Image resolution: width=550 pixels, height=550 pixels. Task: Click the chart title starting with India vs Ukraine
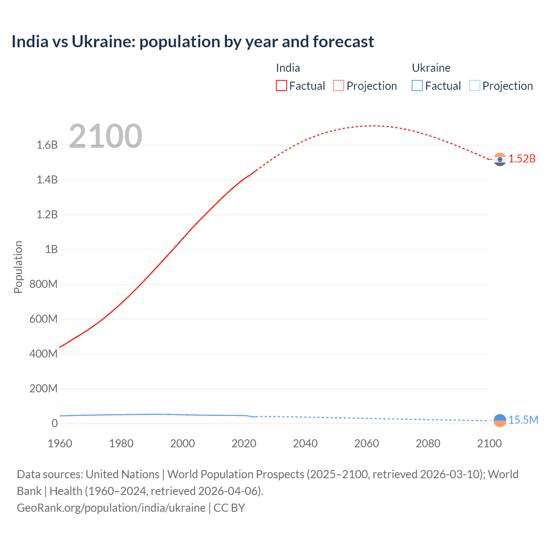(192, 42)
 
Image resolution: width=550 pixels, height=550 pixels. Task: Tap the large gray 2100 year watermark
(105, 136)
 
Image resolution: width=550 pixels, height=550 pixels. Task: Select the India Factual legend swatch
(281, 86)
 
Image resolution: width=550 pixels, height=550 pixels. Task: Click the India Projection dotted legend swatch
(339, 86)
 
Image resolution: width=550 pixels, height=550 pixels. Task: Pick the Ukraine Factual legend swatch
(417, 86)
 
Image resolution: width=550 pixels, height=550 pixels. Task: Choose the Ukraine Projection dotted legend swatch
(474, 86)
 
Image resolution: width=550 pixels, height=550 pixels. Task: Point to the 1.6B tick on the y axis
(47, 145)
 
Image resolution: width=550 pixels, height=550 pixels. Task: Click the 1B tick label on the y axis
(51, 250)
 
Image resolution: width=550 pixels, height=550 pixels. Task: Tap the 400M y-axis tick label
(43, 354)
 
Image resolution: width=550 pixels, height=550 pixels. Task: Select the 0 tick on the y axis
(55, 423)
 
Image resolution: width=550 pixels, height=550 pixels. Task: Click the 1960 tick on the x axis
(60, 443)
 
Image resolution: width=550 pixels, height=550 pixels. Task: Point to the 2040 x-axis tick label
(305, 443)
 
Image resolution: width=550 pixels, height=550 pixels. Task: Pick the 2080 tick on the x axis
(428, 443)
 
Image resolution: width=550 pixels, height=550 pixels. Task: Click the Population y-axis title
(18, 267)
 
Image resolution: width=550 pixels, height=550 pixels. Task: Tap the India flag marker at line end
(500, 159)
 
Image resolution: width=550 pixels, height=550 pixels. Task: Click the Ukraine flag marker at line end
(500, 420)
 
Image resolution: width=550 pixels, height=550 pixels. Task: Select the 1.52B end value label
(522, 159)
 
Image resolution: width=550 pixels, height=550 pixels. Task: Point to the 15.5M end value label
(523, 420)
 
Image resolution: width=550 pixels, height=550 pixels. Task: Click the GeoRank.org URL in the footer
(111, 508)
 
